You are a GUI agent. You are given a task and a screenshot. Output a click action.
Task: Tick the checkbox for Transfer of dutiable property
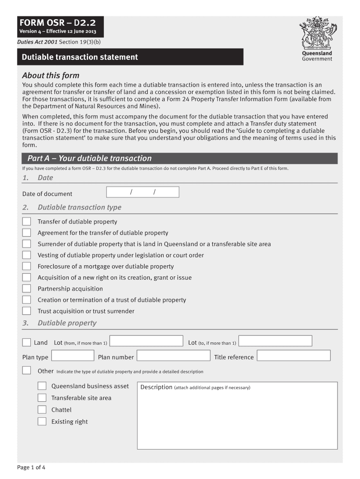click(x=27, y=222)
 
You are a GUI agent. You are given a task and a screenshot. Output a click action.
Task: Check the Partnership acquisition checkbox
click(x=27, y=289)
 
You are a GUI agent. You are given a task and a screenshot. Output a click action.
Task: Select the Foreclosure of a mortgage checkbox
click(x=27, y=266)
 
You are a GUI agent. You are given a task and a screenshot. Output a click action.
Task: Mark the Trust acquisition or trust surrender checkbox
click(x=27, y=311)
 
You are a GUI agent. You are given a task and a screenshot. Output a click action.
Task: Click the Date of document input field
click(x=143, y=192)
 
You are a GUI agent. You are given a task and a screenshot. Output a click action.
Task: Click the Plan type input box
click(x=72, y=356)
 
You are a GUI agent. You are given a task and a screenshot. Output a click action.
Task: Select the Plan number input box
click(x=173, y=356)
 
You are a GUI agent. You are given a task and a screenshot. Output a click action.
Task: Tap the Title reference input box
click(x=294, y=356)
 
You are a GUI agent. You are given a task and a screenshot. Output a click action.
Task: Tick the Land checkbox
click(x=27, y=342)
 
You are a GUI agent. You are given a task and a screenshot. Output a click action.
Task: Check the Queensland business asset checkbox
click(x=42, y=386)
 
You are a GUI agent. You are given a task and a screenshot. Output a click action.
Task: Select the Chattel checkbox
click(x=42, y=410)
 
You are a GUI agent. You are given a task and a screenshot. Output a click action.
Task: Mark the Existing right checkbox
click(x=42, y=421)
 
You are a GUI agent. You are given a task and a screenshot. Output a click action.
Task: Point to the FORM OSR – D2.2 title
click(x=58, y=23)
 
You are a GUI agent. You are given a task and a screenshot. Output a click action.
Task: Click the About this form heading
click(x=51, y=75)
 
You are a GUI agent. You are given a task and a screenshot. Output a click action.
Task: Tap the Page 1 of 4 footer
click(x=31, y=467)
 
